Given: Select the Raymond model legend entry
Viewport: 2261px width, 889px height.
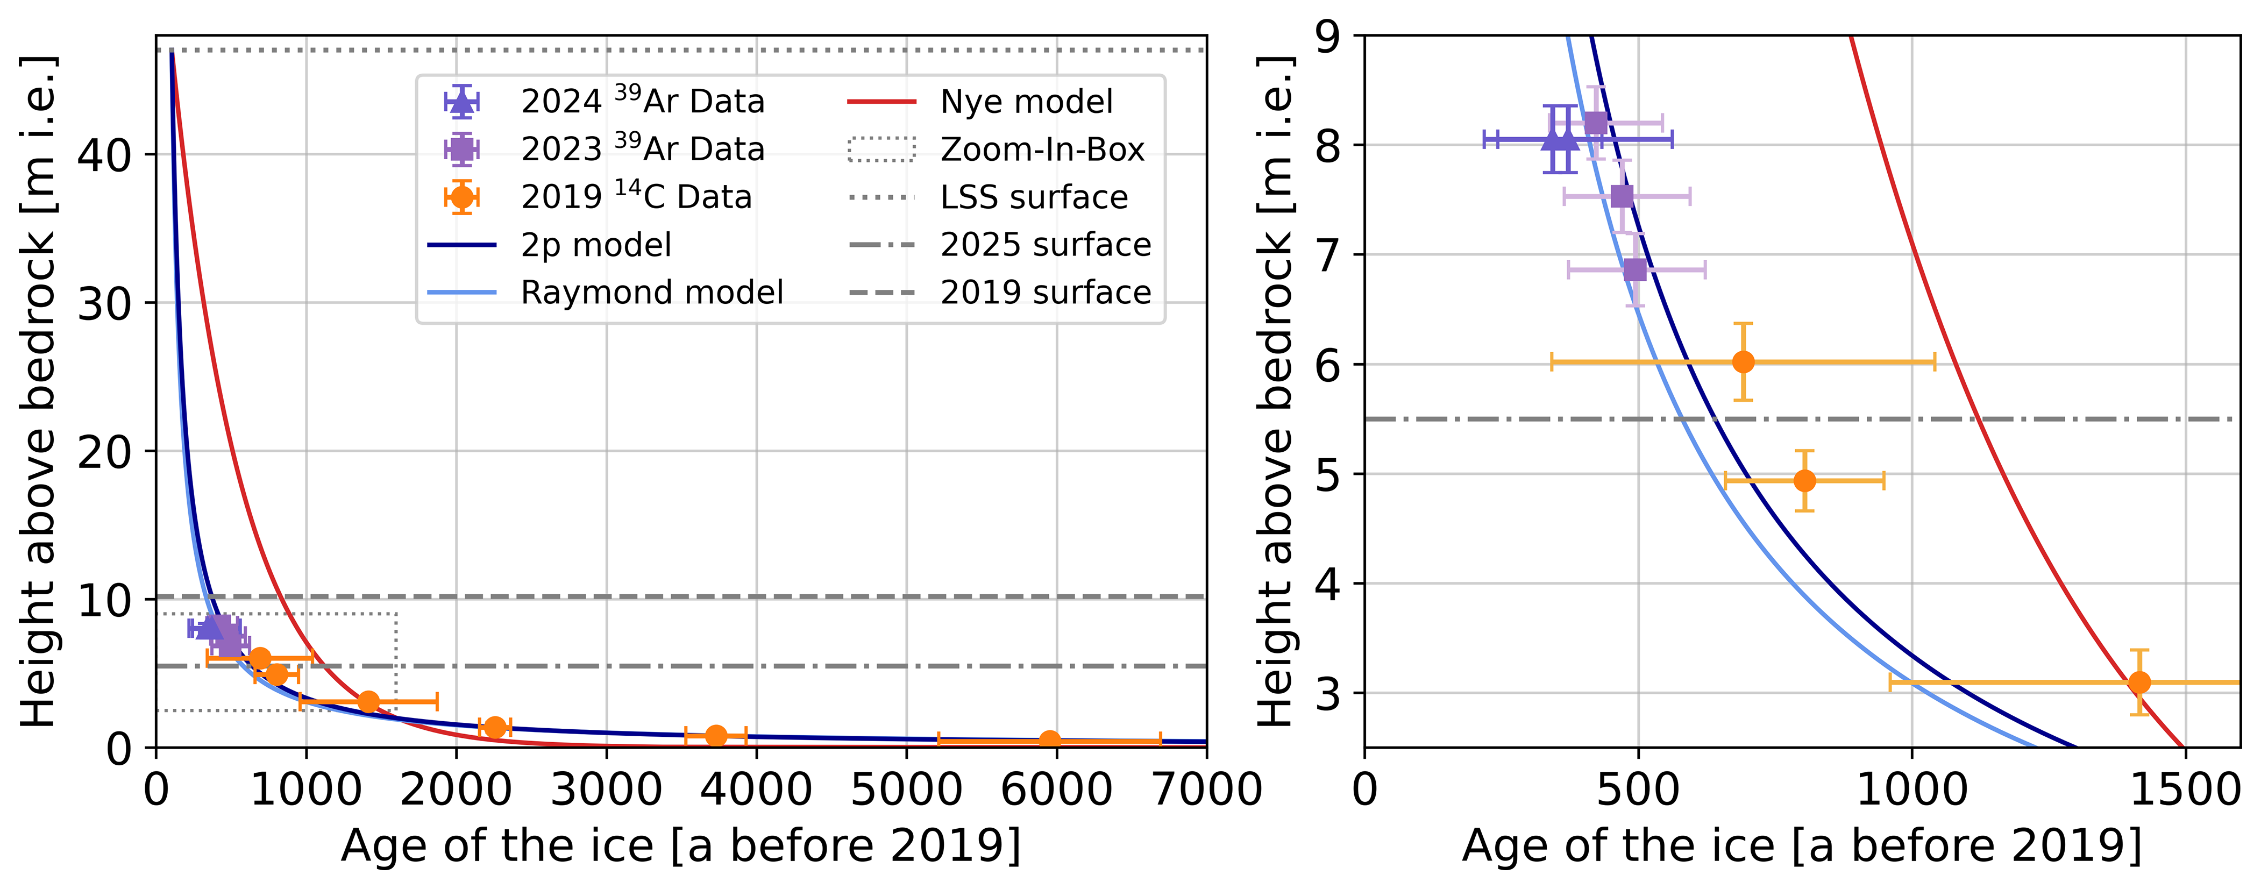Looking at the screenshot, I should [651, 292].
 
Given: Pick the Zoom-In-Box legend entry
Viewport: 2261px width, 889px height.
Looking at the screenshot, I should [1042, 150].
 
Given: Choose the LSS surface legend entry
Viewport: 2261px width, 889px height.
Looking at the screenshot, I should [1034, 197].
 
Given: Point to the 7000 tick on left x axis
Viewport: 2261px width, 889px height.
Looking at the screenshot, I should [1206, 790].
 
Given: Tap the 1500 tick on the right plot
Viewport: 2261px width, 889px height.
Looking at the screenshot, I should [2184, 790].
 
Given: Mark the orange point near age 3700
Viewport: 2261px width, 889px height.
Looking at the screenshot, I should [716, 735].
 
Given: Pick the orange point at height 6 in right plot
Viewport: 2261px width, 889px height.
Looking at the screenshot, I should [1743, 361].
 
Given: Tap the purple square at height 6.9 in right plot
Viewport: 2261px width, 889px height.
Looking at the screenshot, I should [1634, 269].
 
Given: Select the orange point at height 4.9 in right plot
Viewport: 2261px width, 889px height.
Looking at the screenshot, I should [1804, 480].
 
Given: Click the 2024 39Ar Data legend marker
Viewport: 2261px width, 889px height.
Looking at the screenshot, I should [461, 102].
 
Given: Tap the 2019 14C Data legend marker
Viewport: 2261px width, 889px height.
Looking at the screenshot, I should [461, 197].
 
